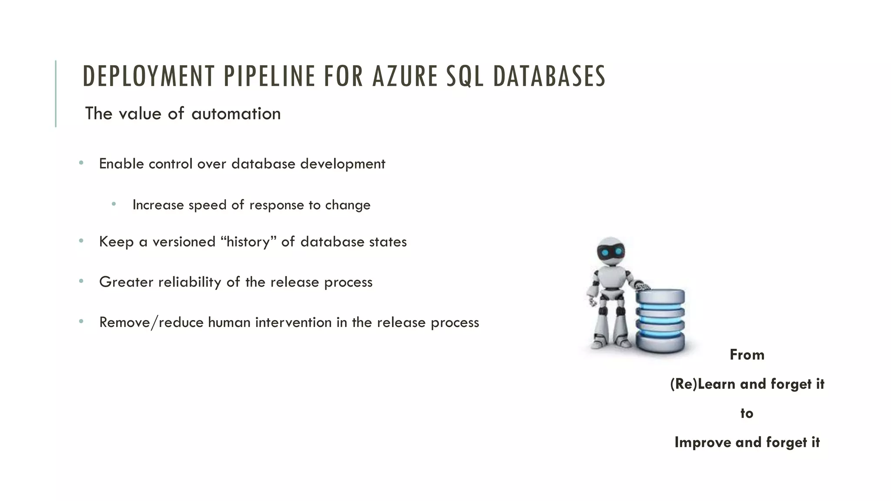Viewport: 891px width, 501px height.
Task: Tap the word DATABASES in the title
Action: (549, 76)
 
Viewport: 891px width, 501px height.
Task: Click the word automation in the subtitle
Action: (236, 114)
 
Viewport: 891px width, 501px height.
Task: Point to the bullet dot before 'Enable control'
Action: (81, 164)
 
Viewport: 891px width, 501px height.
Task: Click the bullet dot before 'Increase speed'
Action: (114, 204)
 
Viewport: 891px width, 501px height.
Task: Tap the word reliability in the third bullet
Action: (190, 282)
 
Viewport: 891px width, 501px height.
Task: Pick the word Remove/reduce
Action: (151, 323)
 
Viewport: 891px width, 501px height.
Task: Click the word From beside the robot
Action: (747, 355)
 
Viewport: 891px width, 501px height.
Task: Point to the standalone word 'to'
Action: (747, 413)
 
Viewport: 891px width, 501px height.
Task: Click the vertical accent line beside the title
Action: (56, 94)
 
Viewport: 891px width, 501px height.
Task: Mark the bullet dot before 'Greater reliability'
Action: (81, 281)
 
